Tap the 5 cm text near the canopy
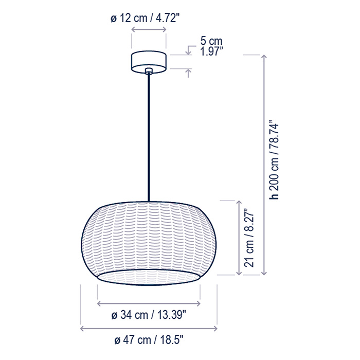pos(211,41)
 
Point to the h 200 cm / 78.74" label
pos(274,161)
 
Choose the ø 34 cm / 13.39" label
pos(149,315)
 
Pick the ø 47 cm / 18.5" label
pos(149,340)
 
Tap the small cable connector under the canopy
pos(149,71)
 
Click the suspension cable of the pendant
pos(149,137)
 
